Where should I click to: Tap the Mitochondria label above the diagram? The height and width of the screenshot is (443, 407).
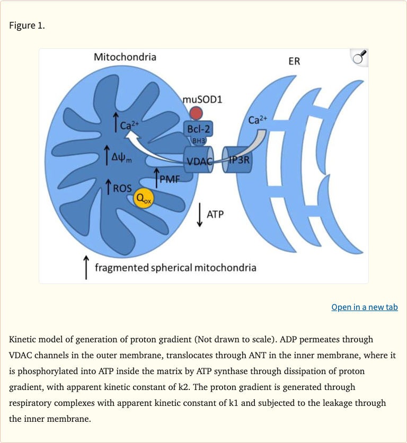[x=125, y=57]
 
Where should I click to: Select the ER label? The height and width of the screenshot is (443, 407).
[x=294, y=61]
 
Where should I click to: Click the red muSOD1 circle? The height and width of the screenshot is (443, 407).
[x=197, y=112]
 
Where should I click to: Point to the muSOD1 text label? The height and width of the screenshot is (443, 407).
[x=202, y=99]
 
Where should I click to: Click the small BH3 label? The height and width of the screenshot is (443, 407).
[x=198, y=140]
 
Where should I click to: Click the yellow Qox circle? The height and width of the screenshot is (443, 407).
[x=143, y=198]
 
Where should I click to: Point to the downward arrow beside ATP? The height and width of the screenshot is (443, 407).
[x=199, y=215]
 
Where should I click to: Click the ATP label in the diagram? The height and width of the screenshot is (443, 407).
[x=215, y=215]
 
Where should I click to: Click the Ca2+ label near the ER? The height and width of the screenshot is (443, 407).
[x=258, y=119]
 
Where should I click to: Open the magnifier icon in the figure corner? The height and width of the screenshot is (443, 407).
[x=358, y=57]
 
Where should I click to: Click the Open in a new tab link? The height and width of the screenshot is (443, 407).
[x=364, y=307]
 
